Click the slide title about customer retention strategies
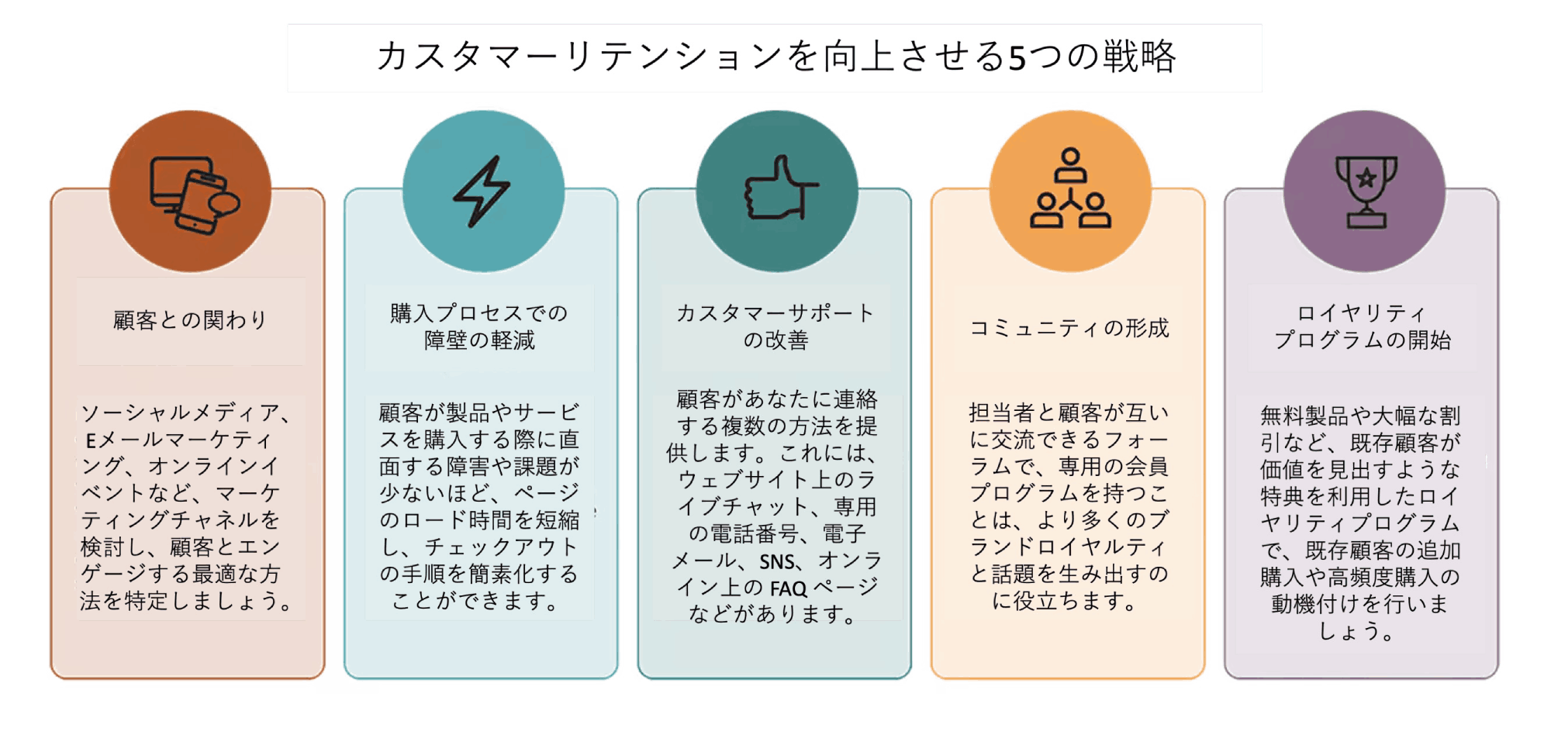coord(775,57)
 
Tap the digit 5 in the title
coord(1017,58)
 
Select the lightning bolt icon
coord(482,192)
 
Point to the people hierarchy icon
coord(1070,188)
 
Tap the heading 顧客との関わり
coord(190,320)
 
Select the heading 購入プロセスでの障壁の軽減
coord(479,326)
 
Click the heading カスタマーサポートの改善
coord(775,326)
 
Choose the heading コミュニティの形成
coord(1069,328)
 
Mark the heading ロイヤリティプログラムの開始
coord(1363,326)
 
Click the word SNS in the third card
coord(777,562)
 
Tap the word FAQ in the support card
coord(789,589)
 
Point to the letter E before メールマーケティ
coord(91,441)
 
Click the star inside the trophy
coord(1366,179)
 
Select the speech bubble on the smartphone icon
coord(224,203)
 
